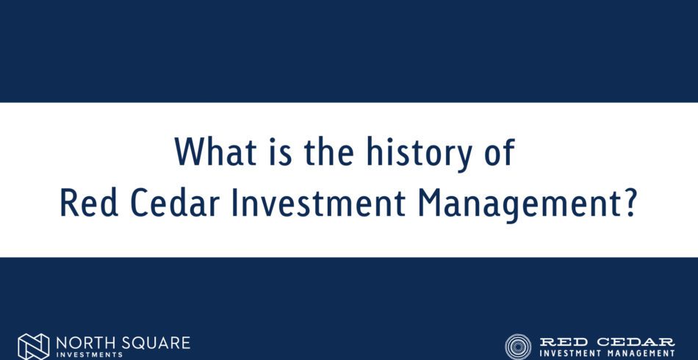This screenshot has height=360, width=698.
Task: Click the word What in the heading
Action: [215, 152]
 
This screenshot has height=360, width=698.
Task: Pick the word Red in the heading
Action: [89, 203]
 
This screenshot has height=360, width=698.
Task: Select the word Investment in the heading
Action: [319, 204]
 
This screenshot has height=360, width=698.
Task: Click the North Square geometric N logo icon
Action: [33, 346]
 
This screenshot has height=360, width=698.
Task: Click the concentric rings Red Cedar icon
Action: [518, 347]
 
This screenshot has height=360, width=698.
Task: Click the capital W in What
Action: [188, 152]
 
